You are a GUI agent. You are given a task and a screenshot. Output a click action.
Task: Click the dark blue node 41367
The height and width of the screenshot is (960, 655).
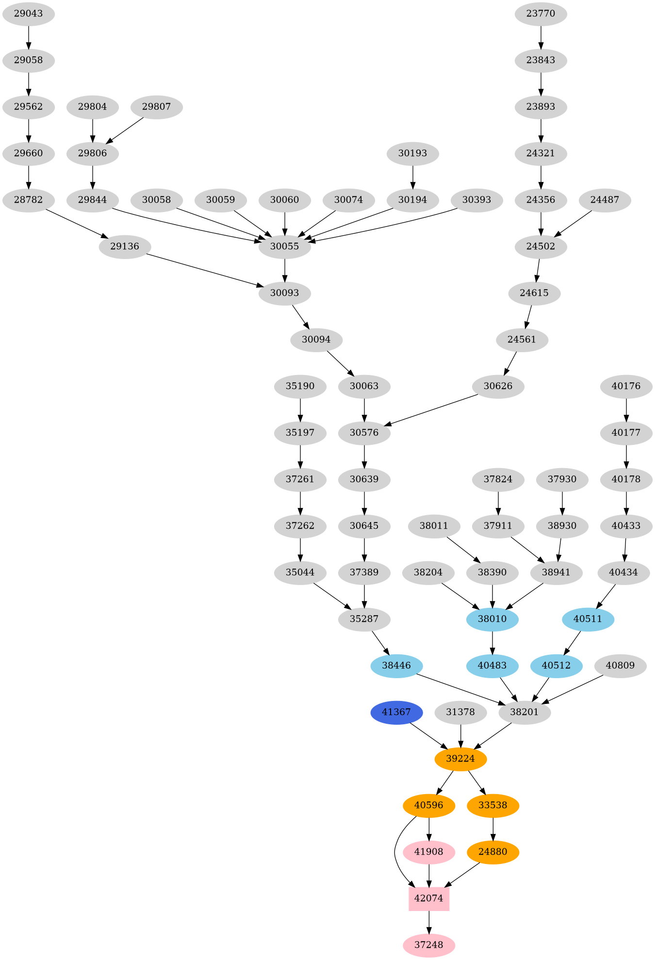(x=396, y=712)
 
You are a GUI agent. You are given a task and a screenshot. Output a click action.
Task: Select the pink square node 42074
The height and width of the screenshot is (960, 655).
(x=429, y=898)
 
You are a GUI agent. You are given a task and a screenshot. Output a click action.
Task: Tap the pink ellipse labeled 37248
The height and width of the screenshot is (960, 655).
(x=429, y=945)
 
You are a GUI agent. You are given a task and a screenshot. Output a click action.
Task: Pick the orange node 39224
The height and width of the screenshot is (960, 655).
(x=460, y=759)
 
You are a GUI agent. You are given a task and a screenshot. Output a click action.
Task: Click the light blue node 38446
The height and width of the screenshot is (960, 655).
(x=396, y=666)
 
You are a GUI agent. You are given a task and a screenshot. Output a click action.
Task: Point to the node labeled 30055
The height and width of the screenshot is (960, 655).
(x=284, y=246)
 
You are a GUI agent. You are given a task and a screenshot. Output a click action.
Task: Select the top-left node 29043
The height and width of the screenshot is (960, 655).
(x=28, y=14)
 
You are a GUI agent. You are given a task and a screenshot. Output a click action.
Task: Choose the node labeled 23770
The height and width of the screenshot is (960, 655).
(x=540, y=14)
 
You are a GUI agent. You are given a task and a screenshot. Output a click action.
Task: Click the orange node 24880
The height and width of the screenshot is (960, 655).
(x=493, y=852)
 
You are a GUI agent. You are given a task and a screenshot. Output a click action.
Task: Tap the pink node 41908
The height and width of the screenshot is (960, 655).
(x=429, y=852)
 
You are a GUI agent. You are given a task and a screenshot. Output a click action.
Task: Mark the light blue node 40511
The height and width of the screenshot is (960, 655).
(x=588, y=619)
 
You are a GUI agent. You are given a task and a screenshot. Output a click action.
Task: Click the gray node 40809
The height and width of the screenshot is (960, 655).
(x=620, y=666)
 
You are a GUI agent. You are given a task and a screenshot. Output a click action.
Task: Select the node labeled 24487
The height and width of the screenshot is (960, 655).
(x=605, y=200)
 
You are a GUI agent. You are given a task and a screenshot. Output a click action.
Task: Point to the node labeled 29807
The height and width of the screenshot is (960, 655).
(x=156, y=107)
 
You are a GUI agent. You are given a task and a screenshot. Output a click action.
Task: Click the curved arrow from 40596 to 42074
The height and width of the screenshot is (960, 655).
(x=395, y=854)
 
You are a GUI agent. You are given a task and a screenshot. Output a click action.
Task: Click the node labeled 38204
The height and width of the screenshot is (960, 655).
(x=428, y=572)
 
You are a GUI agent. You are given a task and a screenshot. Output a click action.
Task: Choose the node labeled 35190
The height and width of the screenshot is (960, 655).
(x=300, y=386)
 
